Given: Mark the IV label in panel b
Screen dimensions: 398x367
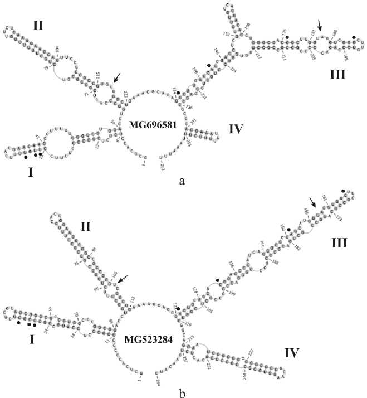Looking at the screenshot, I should point(290,352).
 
